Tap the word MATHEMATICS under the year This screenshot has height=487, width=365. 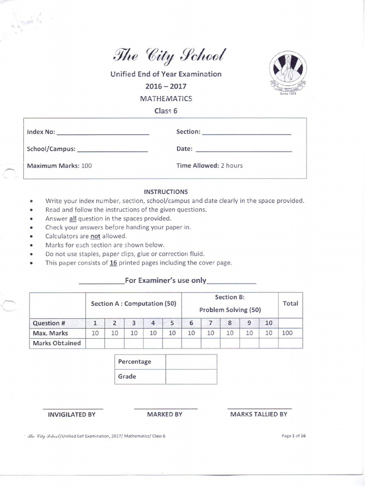click(x=166, y=99)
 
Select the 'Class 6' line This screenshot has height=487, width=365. click(x=166, y=111)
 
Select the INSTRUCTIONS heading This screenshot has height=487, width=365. click(x=166, y=192)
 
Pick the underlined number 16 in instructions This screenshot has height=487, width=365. click(x=113, y=263)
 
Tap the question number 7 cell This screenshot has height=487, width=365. click(x=210, y=323)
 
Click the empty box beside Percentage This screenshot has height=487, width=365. click(x=191, y=361)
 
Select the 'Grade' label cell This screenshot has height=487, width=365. click(x=140, y=376)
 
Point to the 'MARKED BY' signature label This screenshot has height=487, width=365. click(x=164, y=414)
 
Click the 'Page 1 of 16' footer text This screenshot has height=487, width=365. click(x=294, y=436)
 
